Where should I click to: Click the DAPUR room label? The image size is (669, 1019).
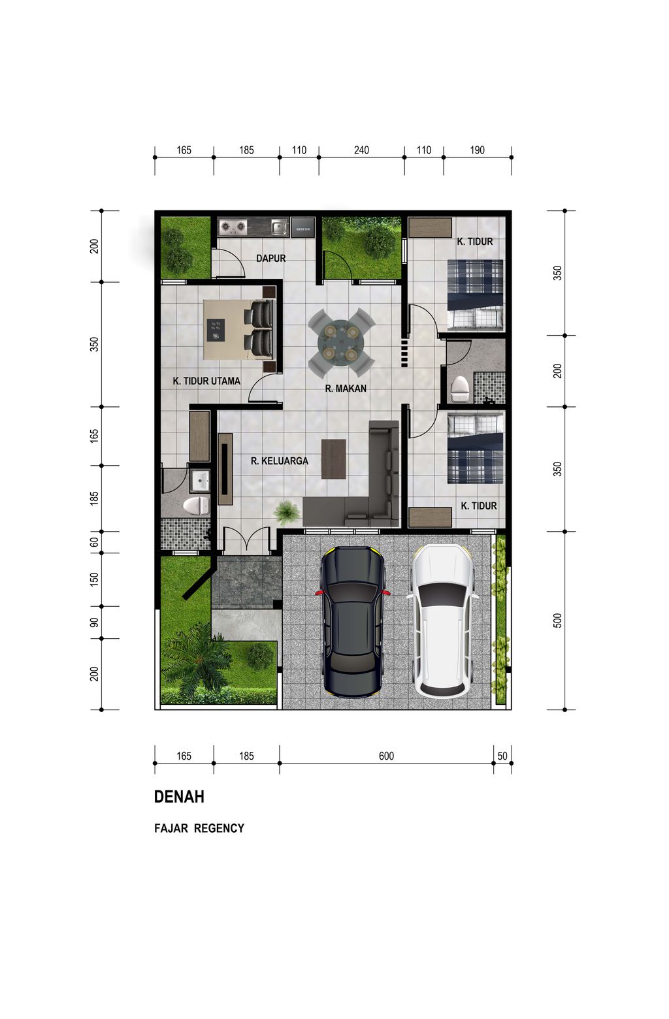click(270, 259)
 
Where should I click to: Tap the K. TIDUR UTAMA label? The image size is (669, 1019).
click(206, 381)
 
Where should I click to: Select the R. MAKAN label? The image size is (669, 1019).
click(346, 389)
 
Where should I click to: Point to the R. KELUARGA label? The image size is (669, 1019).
click(280, 461)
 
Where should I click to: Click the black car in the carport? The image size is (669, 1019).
click(353, 622)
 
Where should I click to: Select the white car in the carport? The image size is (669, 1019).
click(442, 621)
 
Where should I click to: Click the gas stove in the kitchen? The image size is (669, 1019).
click(233, 227)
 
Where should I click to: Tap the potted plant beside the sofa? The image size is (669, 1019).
click(287, 512)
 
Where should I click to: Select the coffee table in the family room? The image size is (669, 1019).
click(334, 459)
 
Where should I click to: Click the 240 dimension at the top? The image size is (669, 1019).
click(361, 150)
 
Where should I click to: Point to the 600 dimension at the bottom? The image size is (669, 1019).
click(386, 756)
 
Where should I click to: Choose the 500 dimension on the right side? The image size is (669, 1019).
click(557, 621)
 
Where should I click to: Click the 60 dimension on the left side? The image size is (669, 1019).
click(94, 542)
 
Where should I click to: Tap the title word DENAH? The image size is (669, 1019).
click(179, 796)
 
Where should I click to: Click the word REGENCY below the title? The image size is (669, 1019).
click(219, 828)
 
